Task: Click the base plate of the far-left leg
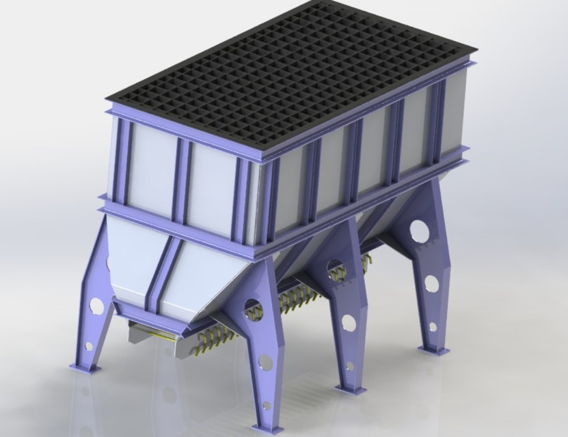[85, 367]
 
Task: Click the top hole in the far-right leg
[420, 232]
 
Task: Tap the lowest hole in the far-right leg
[433, 326]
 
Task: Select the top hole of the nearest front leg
[252, 309]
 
